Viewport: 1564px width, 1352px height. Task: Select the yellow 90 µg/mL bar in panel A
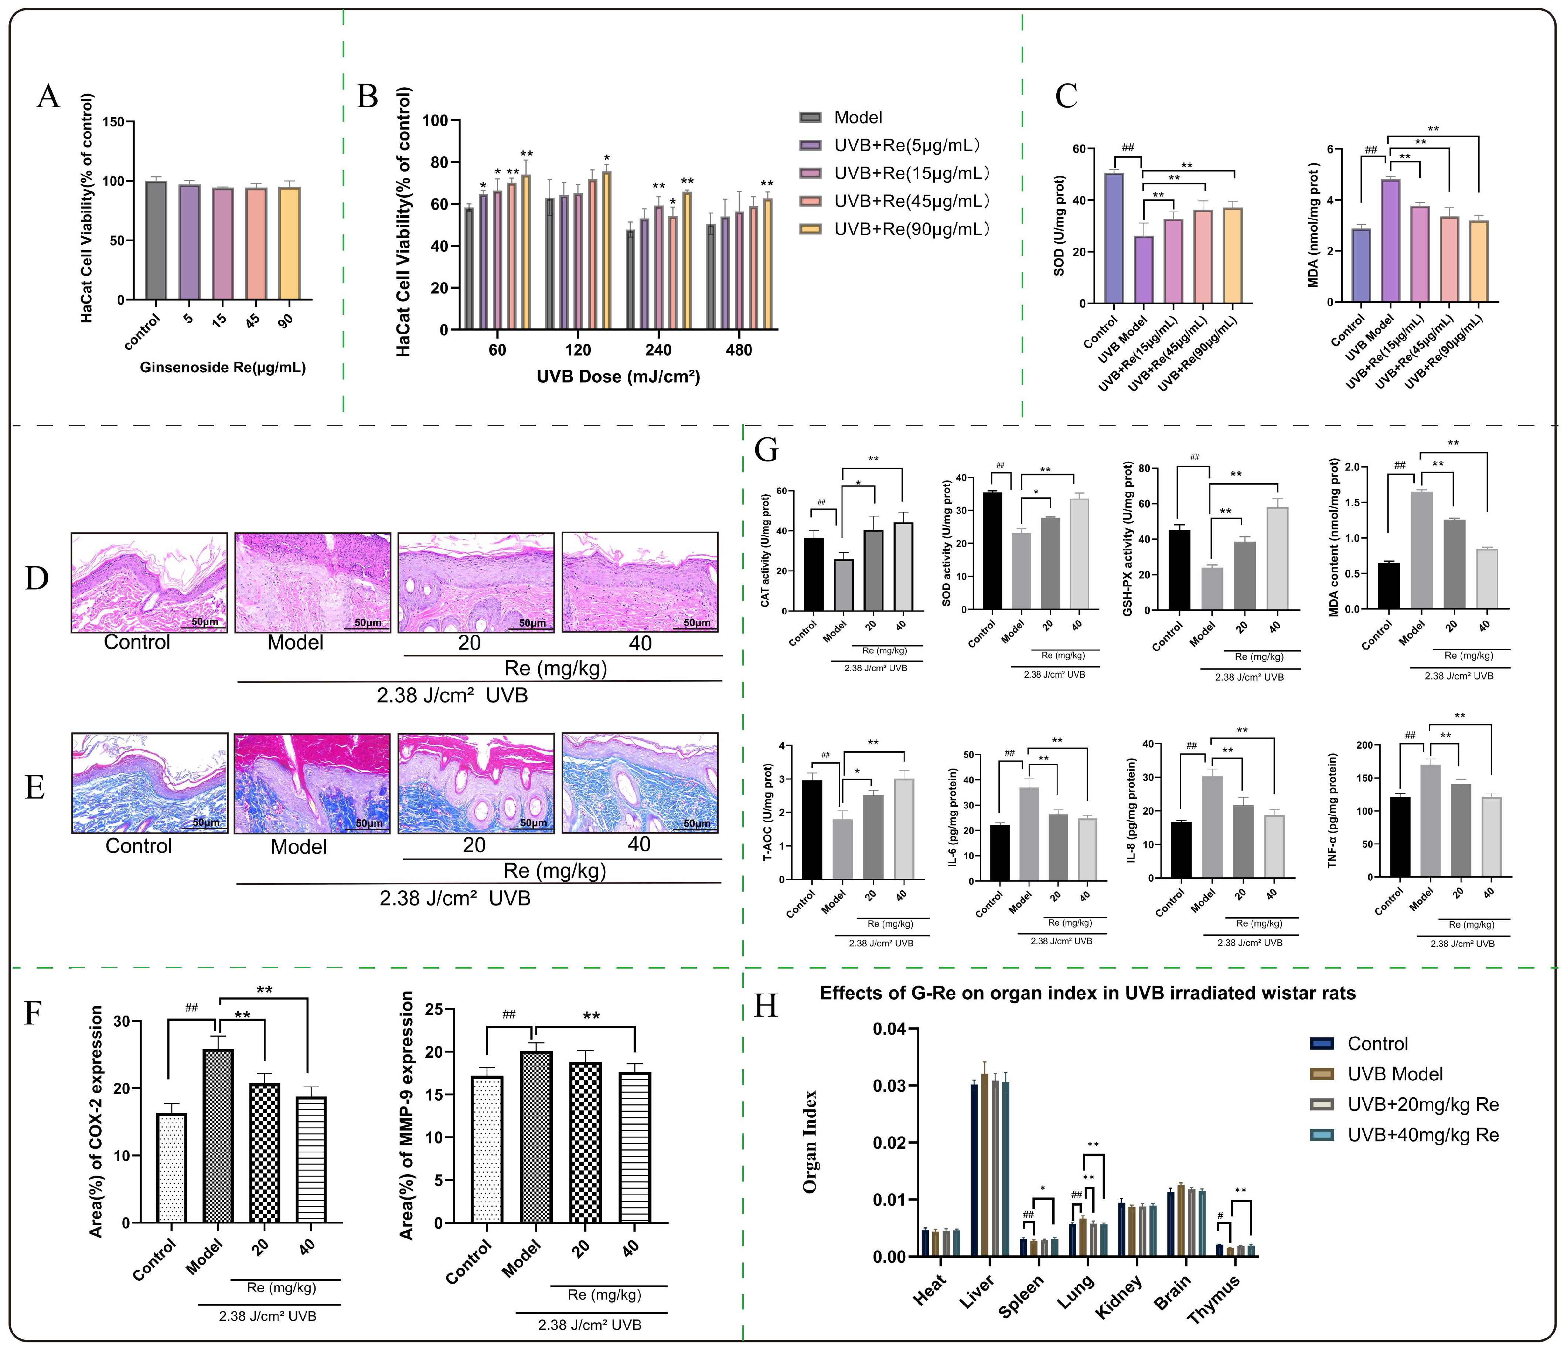289,243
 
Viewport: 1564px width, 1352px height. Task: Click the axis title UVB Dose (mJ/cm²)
618,376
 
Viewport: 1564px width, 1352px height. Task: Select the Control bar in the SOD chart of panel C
1113,238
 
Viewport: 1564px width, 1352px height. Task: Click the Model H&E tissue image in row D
313,582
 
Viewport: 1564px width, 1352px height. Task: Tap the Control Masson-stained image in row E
150,783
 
